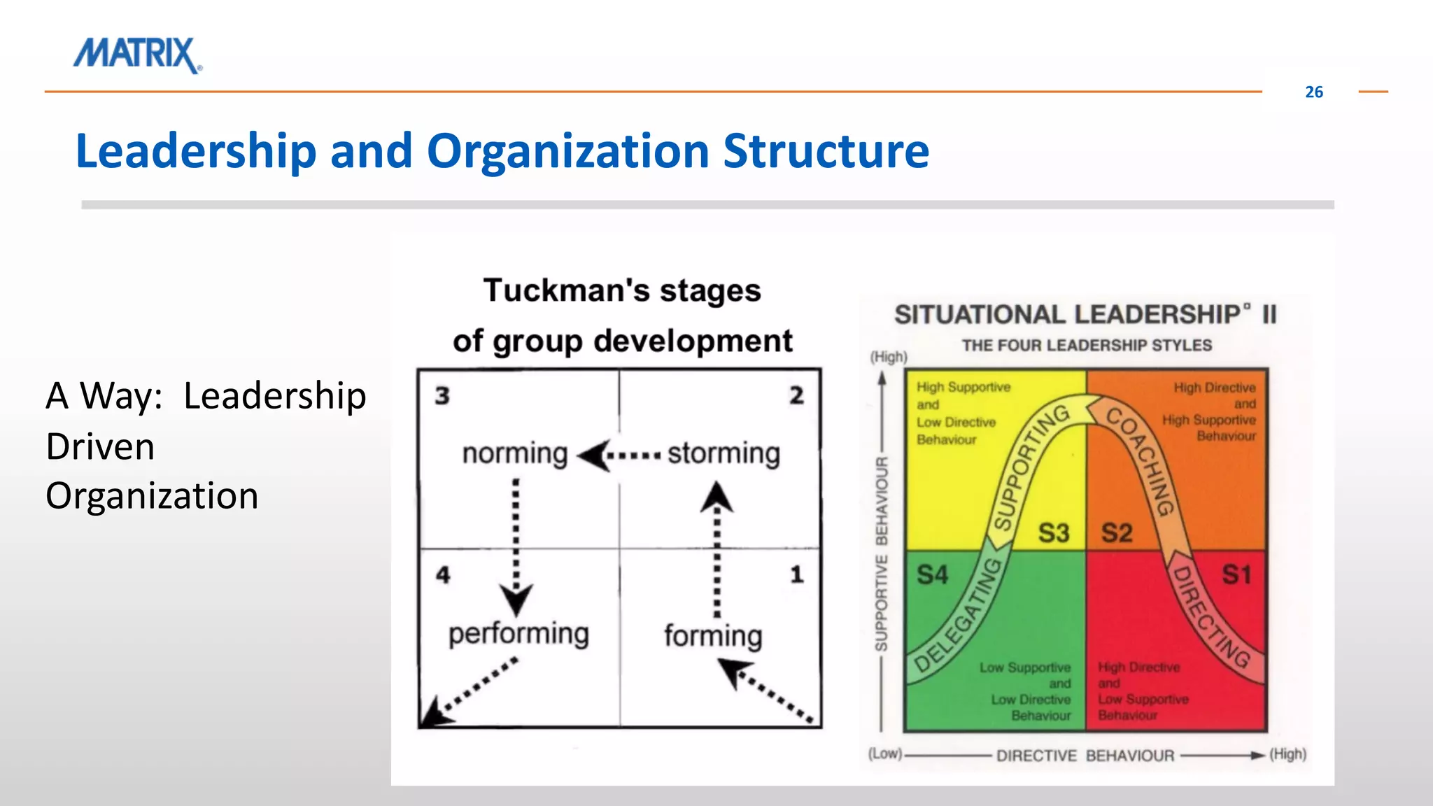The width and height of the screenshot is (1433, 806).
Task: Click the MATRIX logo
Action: (137, 55)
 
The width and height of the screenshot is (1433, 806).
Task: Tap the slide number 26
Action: (1313, 92)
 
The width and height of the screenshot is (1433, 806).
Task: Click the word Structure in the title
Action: (826, 151)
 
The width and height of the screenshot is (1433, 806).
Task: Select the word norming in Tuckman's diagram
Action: (514, 453)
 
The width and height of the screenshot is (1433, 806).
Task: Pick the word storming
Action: (723, 453)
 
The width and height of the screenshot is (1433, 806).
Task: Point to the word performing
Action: (518, 633)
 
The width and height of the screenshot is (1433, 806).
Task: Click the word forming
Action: (713, 636)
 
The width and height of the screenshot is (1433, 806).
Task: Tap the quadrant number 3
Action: (442, 396)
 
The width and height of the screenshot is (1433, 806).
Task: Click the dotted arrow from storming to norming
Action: (620, 456)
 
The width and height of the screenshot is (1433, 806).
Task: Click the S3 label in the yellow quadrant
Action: (1053, 533)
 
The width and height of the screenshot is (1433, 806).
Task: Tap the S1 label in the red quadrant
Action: (1236, 575)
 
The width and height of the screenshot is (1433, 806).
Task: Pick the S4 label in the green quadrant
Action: (932, 575)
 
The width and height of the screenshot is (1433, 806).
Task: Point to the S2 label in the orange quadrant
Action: (1116, 533)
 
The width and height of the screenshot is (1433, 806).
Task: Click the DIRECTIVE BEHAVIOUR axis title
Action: (1085, 756)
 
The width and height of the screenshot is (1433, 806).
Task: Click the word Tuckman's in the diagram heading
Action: (552, 290)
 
